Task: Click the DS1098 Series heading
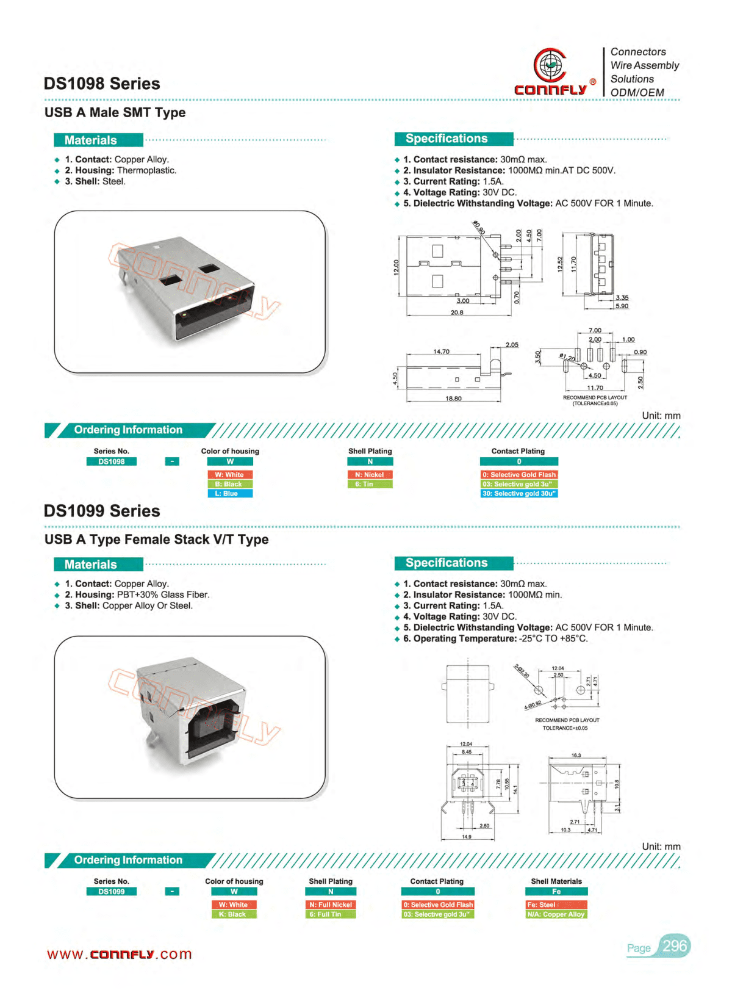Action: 102,84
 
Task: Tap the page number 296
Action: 674,946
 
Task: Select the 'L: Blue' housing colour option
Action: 230,493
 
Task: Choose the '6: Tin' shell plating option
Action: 370,484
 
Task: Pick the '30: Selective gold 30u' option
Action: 519,493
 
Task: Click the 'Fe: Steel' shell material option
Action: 556,905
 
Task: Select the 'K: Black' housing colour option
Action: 234,914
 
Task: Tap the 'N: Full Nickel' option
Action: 331,905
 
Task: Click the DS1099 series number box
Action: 112,892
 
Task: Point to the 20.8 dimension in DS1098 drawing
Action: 457,313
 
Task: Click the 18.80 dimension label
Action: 453,399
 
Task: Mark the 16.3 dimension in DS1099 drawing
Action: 576,756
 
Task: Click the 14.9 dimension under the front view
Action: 467,837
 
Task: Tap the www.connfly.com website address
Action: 120,954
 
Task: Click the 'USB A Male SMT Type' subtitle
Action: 115,112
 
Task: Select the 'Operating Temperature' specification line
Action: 495,638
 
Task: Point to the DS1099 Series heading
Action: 102,511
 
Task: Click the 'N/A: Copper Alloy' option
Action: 556,914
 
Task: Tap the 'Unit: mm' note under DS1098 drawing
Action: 661,416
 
